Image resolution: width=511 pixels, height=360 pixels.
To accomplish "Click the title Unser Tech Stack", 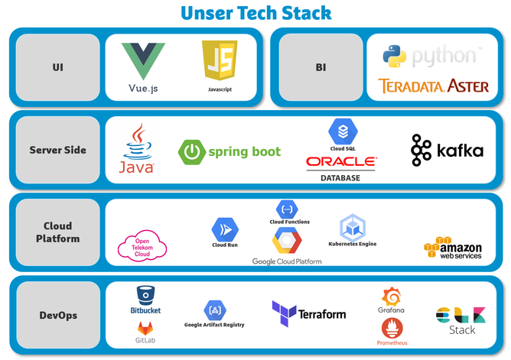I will click(255, 13).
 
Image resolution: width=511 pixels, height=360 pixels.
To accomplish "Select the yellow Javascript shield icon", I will click(220, 61).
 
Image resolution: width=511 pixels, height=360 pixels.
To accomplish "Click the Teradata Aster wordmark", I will click(433, 86).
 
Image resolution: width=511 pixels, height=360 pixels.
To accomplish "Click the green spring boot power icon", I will click(191, 152).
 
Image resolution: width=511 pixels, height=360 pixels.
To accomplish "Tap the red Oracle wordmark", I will click(341, 162).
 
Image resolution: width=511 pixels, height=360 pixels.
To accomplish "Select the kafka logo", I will click(447, 151).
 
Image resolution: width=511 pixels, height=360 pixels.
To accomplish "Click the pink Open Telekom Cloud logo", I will click(142, 246).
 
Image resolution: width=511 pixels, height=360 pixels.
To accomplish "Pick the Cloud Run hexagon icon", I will click(225, 228).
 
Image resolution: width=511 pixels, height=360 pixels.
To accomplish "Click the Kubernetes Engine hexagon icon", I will click(352, 226).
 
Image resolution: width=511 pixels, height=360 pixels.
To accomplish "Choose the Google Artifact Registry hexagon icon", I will click(214, 310).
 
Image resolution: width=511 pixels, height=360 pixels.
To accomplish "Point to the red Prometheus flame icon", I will click(391, 327).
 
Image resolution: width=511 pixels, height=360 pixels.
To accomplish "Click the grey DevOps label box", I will click(57, 315).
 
